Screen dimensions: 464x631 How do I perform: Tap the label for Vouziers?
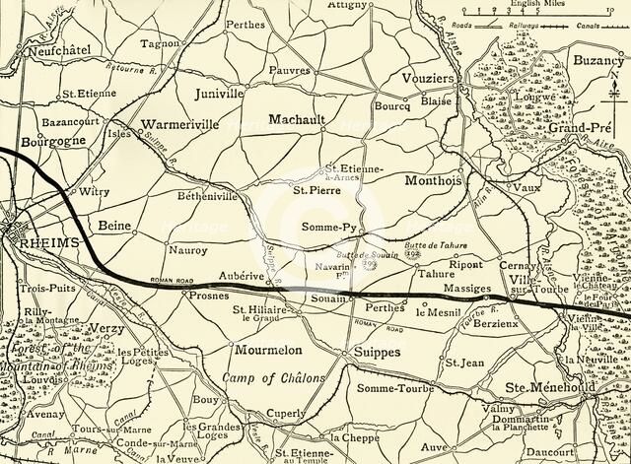coord(428,79)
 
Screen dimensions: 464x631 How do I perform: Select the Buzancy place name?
coord(598,60)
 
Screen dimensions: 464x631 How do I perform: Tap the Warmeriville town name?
coord(184,126)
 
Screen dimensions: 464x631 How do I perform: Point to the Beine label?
coord(115,226)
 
